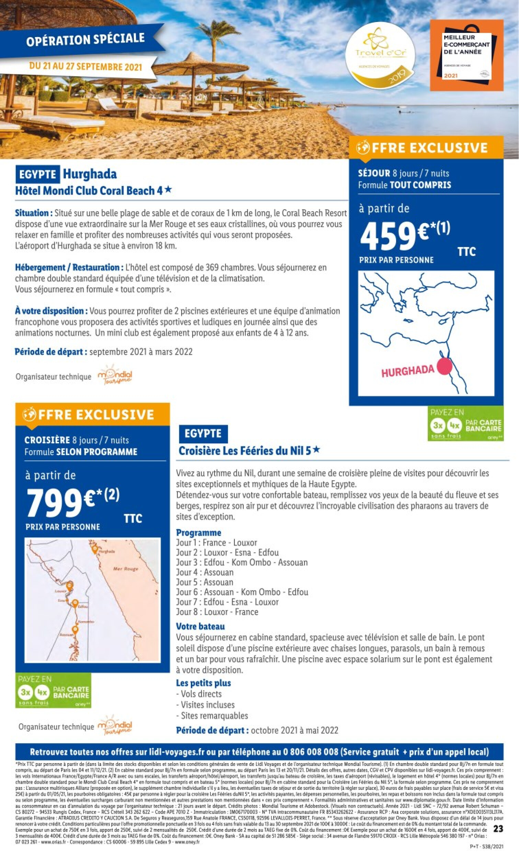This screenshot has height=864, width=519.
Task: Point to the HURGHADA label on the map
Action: point(407,371)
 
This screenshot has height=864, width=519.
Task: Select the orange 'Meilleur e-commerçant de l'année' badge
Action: point(466,56)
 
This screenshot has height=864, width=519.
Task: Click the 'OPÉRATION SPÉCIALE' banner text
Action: point(85,39)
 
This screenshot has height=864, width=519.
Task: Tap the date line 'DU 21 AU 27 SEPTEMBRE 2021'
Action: point(86,67)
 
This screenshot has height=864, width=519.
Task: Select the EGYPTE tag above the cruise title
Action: point(203,434)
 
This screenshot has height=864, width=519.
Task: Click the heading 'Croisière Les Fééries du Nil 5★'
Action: point(249,451)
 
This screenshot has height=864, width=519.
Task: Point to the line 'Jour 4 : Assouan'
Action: point(205,572)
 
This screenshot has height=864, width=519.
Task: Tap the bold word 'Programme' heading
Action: point(199,533)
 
